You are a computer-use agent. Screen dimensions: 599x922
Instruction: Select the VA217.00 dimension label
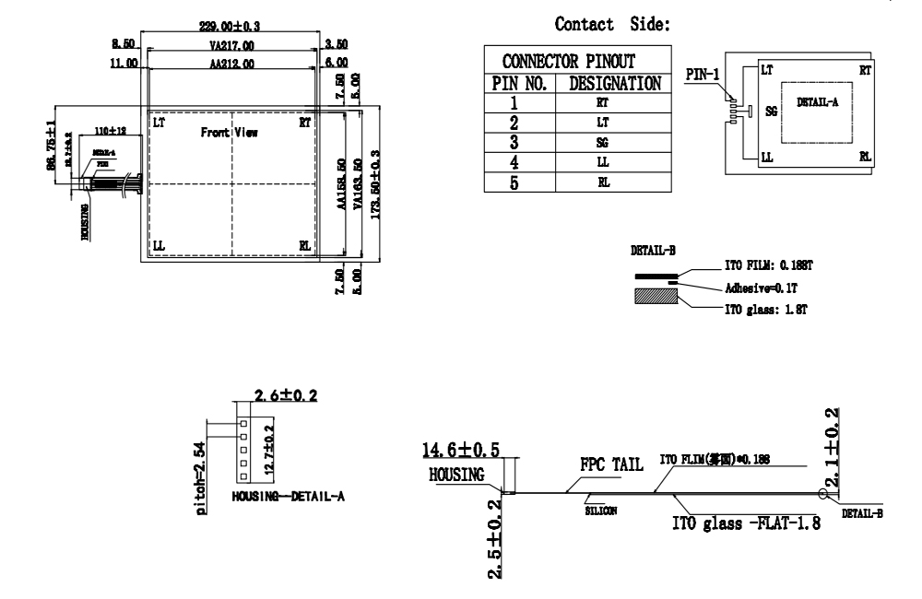(x=231, y=44)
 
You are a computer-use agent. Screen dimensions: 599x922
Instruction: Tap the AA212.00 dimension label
(x=231, y=63)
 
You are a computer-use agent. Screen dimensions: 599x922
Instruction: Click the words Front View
(x=230, y=133)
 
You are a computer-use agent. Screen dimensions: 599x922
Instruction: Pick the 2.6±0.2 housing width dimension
(x=286, y=395)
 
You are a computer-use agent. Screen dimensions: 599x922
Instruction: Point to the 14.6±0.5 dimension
(x=462, y=450)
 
